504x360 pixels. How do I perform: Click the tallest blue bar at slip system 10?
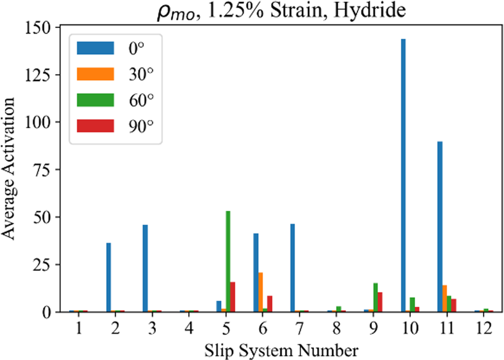(403, 175)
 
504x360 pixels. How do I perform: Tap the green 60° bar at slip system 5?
(228, 261)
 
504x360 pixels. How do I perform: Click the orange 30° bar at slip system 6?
(260, 292)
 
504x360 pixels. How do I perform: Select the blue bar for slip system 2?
(108, 277)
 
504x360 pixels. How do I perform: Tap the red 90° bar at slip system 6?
(270, 304)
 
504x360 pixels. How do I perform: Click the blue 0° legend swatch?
(95, 48)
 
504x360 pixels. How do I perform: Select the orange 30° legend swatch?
(95, 74)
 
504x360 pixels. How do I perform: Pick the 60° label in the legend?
(140, 99)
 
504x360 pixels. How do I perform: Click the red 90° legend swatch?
(95, 125)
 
